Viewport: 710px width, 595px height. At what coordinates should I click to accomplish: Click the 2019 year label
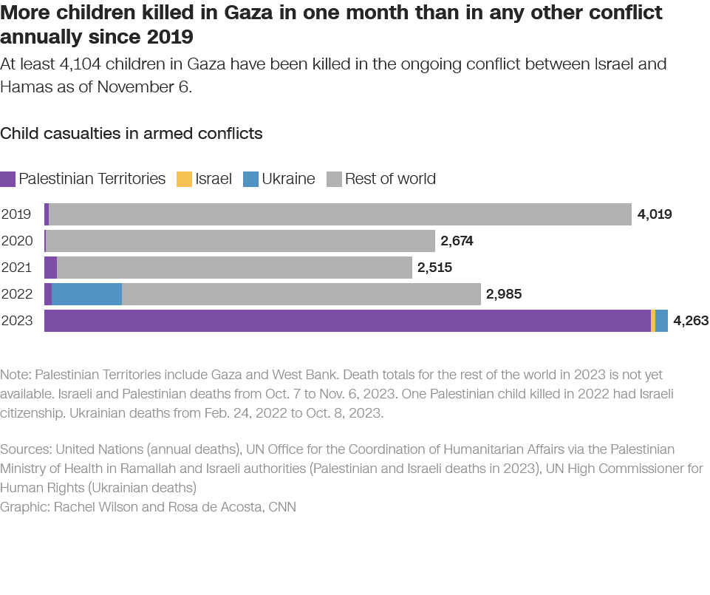[16, 214]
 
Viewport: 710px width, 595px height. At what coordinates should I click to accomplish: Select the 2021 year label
[16, 268]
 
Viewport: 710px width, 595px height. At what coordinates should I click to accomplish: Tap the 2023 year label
[16, 321]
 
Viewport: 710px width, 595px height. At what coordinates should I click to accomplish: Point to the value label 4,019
[655, 214]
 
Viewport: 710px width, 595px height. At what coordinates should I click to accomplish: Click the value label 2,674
[457, 241]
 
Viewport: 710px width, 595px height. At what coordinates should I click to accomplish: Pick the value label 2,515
[434, 268]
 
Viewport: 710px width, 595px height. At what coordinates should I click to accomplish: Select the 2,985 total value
[504, 294]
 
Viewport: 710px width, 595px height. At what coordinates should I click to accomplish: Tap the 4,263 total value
[691, 321]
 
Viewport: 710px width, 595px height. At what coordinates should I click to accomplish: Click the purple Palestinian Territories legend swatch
[8, 179]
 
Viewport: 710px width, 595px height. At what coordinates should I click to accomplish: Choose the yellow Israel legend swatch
[184, 179]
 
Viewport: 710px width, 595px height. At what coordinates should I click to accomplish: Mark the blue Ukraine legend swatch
[250, 179]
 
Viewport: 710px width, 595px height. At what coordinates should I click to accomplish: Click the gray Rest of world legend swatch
[334, 179]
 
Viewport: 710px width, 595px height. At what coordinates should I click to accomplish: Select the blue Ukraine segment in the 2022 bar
[86, 294]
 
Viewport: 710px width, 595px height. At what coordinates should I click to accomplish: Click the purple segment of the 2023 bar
[347, 321]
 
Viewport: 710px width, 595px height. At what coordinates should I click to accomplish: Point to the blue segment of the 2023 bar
[662, 321]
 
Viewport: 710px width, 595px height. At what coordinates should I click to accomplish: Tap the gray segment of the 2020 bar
[240, 241]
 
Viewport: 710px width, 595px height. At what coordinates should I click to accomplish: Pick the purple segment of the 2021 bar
[50, 268]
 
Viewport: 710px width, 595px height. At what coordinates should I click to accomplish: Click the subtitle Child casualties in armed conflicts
[132, 134]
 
